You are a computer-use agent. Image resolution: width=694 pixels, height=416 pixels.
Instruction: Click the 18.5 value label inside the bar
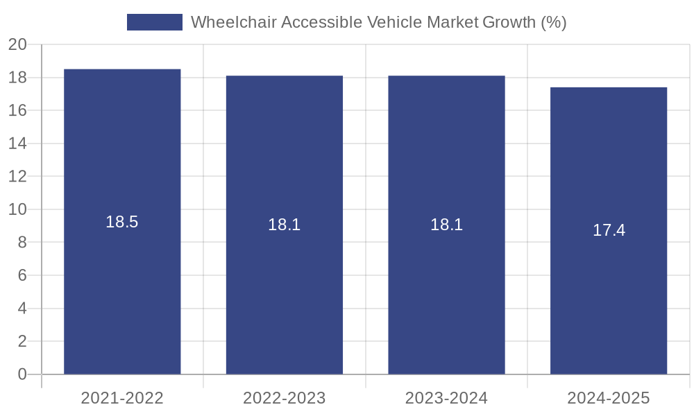click(122, 222)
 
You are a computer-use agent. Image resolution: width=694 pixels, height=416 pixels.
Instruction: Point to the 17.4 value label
click(609, 231)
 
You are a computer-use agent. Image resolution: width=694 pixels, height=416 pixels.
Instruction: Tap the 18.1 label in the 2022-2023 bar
click(285, 225)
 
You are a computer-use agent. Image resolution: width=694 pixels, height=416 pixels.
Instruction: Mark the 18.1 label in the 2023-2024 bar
click(446, 225)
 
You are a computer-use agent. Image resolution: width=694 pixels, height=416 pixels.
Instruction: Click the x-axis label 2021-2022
click(122, 398)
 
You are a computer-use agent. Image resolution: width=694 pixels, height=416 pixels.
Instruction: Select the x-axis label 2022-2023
click(285, 398)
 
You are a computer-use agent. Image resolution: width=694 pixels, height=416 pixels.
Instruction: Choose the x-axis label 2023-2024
click(446, 398)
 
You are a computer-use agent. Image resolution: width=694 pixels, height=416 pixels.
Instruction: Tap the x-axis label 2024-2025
click(609, 398)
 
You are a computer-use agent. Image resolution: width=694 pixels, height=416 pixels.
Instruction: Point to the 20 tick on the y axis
click(17, 45)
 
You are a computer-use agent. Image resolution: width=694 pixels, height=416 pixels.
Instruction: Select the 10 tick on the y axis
click(17, 209)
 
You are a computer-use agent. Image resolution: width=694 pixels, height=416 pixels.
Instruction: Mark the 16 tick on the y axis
click(17, 111)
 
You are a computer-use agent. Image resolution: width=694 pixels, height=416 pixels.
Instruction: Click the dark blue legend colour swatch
click(154, 22)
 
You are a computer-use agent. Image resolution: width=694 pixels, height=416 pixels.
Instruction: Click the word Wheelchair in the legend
click(226, 22)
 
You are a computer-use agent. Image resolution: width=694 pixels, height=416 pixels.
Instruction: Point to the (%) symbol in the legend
click(553, 22)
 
